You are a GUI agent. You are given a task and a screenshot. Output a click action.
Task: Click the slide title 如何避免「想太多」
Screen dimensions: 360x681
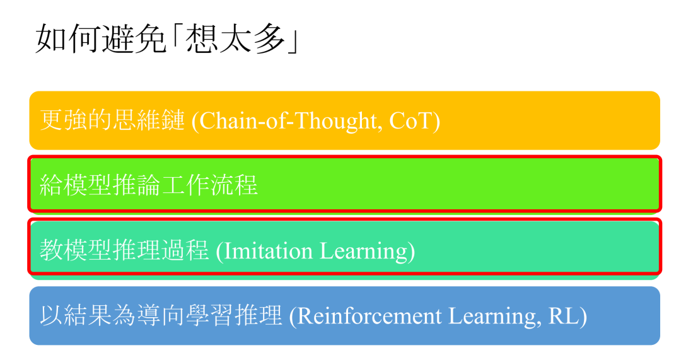point(167,40)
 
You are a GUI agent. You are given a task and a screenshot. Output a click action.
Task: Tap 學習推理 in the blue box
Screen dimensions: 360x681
point(234,316)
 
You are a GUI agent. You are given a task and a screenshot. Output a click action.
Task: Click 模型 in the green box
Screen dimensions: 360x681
point(88,185)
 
